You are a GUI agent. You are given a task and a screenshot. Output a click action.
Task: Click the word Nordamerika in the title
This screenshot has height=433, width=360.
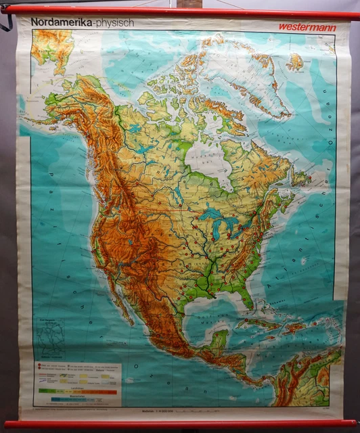61,22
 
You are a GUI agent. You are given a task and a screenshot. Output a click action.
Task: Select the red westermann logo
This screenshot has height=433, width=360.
306,27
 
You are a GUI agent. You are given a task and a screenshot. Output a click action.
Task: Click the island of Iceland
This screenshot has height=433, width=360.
295,63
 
